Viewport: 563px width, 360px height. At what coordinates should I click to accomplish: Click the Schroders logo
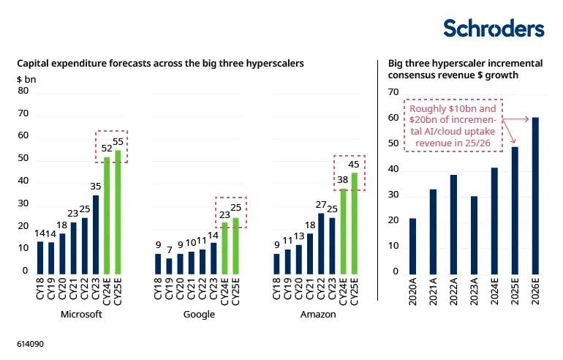(494, 29)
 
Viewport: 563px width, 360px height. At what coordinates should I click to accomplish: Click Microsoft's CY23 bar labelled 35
(95, 233)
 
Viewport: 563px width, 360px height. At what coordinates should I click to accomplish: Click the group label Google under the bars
(199, 315)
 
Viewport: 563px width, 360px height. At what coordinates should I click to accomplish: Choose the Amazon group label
(318, 315)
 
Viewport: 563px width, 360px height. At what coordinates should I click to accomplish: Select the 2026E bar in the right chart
(536, 194)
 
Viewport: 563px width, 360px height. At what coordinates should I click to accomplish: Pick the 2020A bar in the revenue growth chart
(412, 244)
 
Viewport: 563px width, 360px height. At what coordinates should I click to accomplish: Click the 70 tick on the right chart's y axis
(394, 92)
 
